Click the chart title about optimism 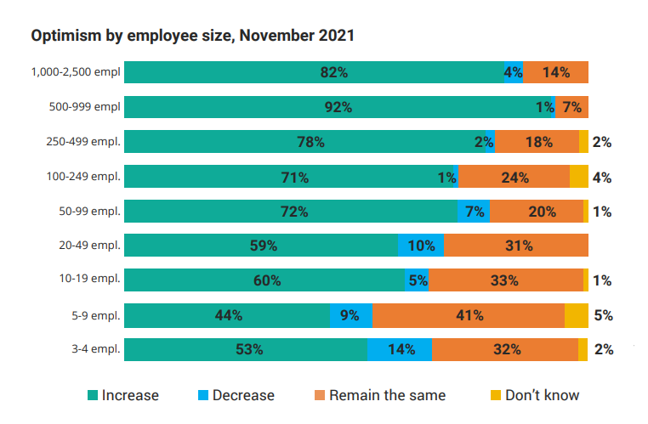[192, 36]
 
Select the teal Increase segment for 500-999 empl [338, 107]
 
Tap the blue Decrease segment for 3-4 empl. [400, 349]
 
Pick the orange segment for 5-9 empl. [469, 315]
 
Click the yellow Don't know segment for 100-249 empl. [579, 176]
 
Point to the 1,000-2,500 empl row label [76, 72]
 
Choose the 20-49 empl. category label [89, 246]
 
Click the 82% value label [334, 73]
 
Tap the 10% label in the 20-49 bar [421, 246]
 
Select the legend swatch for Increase [93, 395]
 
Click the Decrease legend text [243, 395]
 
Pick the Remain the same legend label [387, 395]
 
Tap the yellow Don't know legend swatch [496, 395]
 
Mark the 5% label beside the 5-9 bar [604, 316]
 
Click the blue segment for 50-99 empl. [474, 211]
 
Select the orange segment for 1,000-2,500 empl [555, 72]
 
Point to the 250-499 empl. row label [83, 142]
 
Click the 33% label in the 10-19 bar [504, 280]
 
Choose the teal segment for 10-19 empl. [264, 280]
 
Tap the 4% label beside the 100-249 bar [602, 178]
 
